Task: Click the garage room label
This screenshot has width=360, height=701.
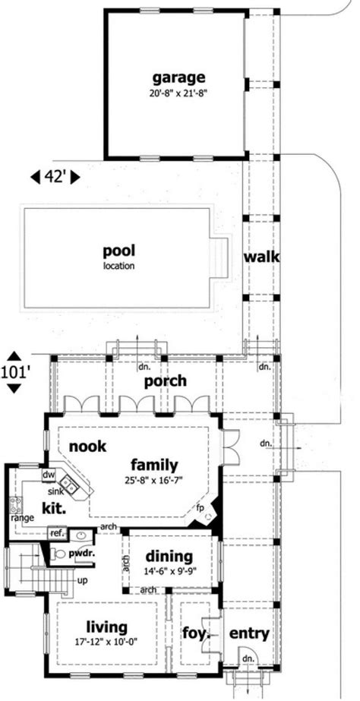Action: click(x=178, y=77)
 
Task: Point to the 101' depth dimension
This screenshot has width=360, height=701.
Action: click(x=15, y=372)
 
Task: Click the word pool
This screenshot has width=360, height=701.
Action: click(x=119, y=251)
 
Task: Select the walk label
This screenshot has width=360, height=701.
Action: click(x=261, y=257)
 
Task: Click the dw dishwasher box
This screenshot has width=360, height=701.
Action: click(x=48, y=475)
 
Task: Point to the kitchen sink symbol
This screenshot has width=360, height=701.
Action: click(x=69, y=483)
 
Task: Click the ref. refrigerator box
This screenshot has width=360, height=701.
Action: click(x=56, y=533)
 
